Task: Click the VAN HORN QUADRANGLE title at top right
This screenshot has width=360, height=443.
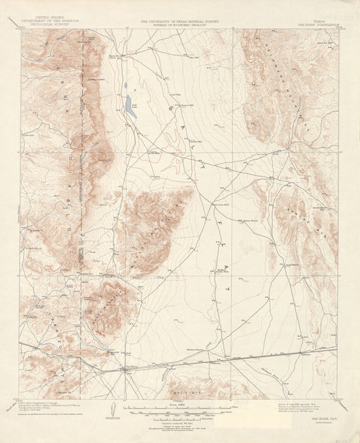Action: tap(317, 25)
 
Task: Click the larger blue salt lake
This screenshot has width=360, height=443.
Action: tap(130, 106)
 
